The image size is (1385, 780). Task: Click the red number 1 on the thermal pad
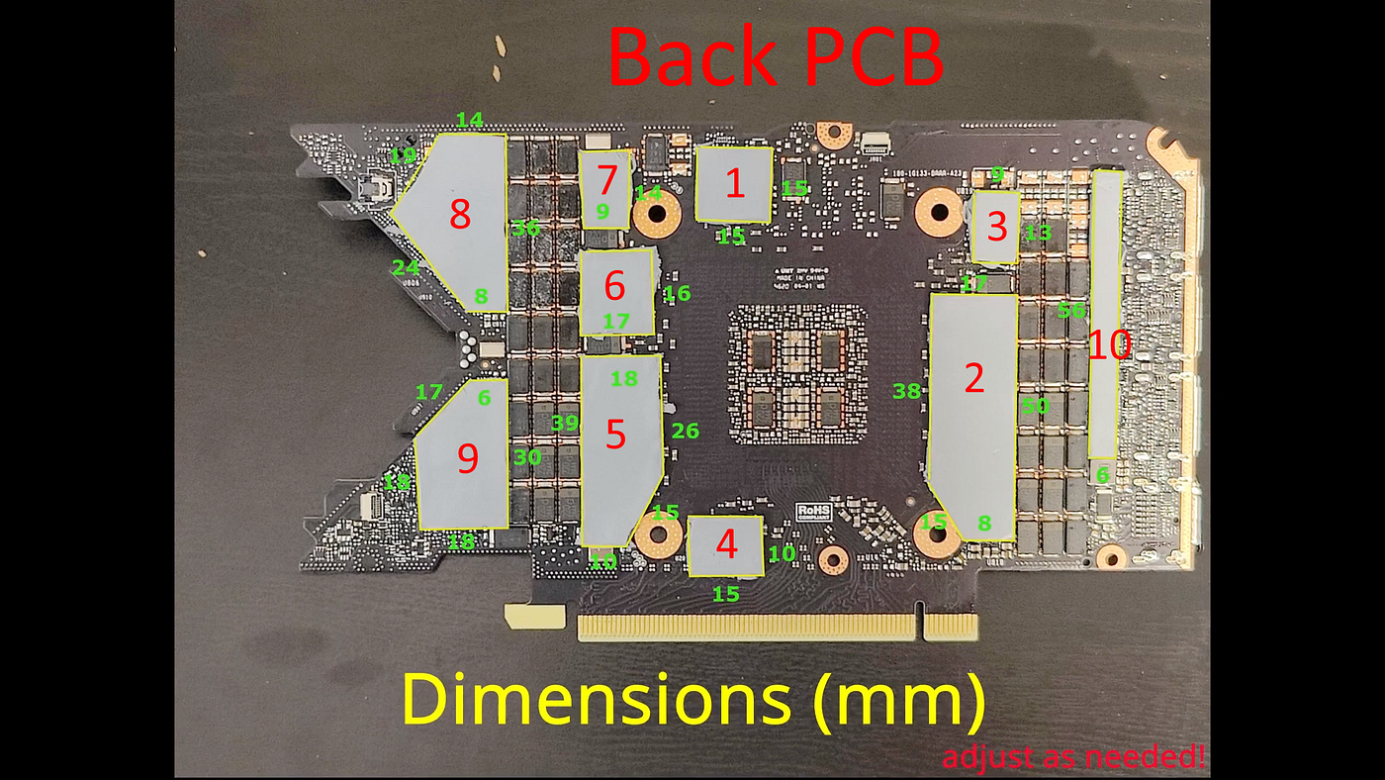point(734,184)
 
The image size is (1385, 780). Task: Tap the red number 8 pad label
point(460,215)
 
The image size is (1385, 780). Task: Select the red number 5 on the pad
point(616,434)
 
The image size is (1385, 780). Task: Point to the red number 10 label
point(1109,345)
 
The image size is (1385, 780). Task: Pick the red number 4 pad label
point(727,543)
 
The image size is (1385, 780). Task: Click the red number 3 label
point(997,228)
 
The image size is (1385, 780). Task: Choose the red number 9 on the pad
point(468,457)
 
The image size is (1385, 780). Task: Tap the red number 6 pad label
point(614,286)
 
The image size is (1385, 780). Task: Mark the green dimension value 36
point(525,229)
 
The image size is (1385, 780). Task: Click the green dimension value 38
point(906,391)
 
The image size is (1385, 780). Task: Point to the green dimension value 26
point(685,431)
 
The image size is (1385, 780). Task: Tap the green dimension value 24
point(406,268)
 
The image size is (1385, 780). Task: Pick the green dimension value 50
point(1035,406)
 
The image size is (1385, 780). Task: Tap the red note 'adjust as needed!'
point(1073,759)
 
